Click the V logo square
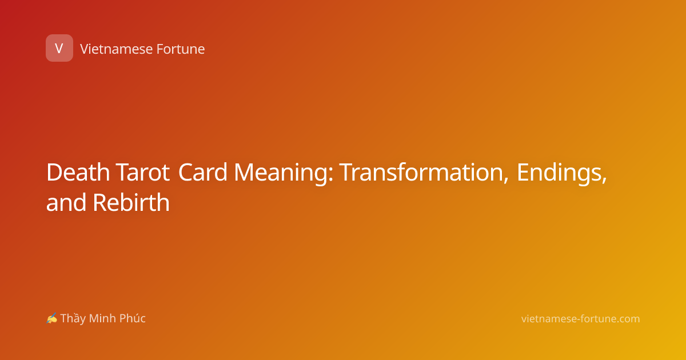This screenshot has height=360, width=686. [59, 48]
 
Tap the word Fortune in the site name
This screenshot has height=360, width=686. [181, 49]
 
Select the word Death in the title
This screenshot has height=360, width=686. [78, 173]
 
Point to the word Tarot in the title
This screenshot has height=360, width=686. [143, 173]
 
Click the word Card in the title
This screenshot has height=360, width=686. [202, 173]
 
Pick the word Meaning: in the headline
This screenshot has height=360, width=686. [284, 174]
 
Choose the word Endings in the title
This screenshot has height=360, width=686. [560, 174]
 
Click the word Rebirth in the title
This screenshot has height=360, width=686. [131, 202]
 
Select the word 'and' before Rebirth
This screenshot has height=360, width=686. [66, 202]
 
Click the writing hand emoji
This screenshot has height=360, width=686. [52, 318]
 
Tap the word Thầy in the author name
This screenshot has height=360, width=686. [73, 319]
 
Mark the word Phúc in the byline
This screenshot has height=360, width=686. [132, 318]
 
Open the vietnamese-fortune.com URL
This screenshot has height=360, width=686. [581, 319]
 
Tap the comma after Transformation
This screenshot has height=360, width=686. [505, 181]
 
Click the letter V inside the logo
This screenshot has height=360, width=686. [59, 49]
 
